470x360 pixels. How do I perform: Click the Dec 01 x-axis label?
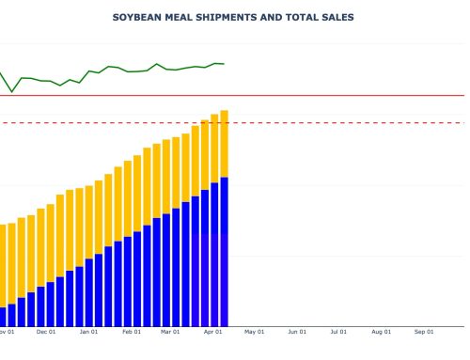click(46, 332)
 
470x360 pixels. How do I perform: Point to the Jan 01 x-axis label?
click(89, 332)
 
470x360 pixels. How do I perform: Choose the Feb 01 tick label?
click(132, 332)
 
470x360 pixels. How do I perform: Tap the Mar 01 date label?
click(170, 332)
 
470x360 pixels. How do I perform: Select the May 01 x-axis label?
click(255, 332)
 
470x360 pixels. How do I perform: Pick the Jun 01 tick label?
click(297, 332)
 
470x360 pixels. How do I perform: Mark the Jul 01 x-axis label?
click(338, 332)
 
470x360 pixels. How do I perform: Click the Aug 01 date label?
click(381, 332)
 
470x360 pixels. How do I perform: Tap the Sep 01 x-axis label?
click(424, 332)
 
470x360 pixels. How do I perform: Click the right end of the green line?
click(223, 64)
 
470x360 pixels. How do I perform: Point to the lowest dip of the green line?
click(12, 91)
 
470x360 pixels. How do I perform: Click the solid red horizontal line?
click(329, 95)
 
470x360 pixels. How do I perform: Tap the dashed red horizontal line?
click(329, 122)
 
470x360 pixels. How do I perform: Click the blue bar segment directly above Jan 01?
click(89, 291)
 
